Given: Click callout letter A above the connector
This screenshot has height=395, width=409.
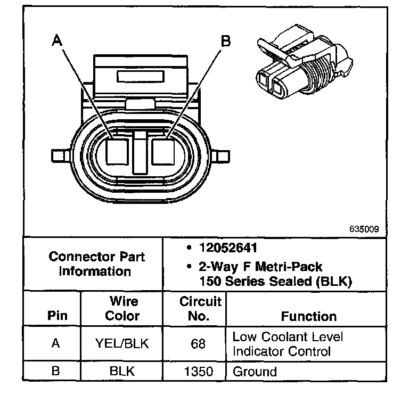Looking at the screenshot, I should click(57, 40).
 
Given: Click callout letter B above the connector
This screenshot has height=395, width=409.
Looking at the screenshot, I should click(226, 40).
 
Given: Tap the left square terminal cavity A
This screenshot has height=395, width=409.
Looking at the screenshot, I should click(117, 152).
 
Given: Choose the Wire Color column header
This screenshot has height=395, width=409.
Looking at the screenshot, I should click(122, 309).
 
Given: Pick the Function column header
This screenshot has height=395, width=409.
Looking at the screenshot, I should click(308, 316).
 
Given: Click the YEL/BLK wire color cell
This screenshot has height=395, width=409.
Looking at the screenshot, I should click(122, 344).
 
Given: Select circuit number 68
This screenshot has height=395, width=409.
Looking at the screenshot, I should click(198, 344).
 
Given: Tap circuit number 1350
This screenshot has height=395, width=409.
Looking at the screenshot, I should click(198, 372).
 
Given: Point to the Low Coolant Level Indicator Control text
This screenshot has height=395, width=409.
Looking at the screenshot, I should click(288, 344).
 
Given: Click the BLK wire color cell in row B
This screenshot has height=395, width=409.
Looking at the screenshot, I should click(122, 372).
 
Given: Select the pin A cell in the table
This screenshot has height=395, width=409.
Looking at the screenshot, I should click(55, 344).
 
